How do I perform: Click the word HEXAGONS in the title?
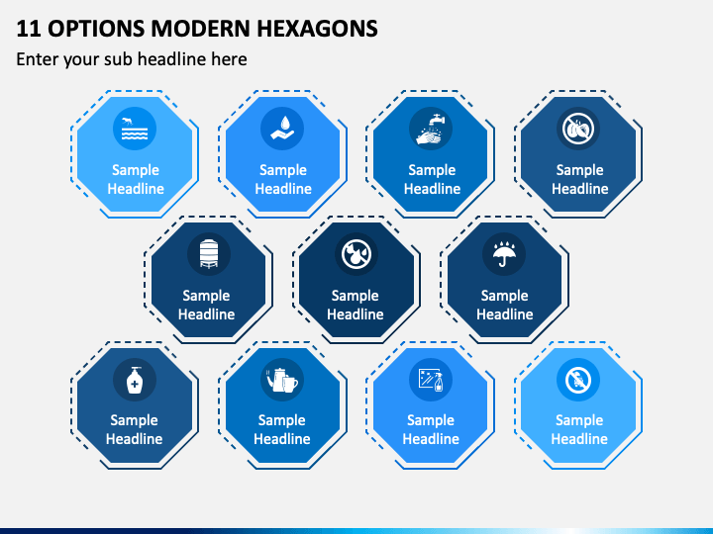[x=317, y=28]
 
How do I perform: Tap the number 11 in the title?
[x=28, y=28]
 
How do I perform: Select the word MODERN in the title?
[x=200, y=28]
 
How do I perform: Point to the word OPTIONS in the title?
[x=96, y=28]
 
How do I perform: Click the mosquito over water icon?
[x=135, y=129]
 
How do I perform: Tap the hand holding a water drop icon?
[x=282, y=128]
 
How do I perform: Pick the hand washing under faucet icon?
[x=431, y=130]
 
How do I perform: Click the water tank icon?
[x=209, y=253]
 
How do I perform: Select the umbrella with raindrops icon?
[x=504, y=254]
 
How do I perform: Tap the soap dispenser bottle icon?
[x=135, y=380]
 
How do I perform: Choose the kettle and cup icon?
[x=282, y=380]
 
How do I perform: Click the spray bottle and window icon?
[x=431, y=380]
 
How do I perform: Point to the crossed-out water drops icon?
[x=356, y=254]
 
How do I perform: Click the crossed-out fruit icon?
[x=578, y=129]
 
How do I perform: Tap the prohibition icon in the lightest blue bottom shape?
[x=578, y=380]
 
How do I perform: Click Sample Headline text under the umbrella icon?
[x=505, y=305]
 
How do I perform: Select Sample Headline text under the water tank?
[x=206, y=305]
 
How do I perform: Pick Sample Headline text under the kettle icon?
[x=282, y=429]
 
